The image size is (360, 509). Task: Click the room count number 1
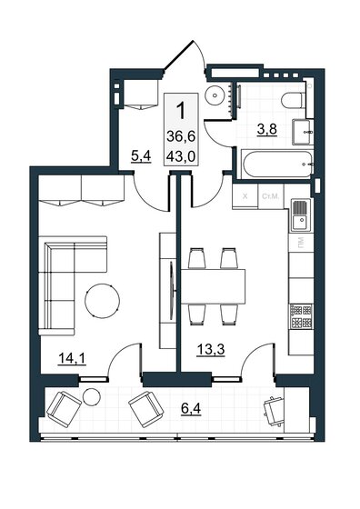181,113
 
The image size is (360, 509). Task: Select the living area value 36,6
180,136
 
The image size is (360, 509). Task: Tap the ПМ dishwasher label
299,245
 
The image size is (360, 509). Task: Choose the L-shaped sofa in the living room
64,273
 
